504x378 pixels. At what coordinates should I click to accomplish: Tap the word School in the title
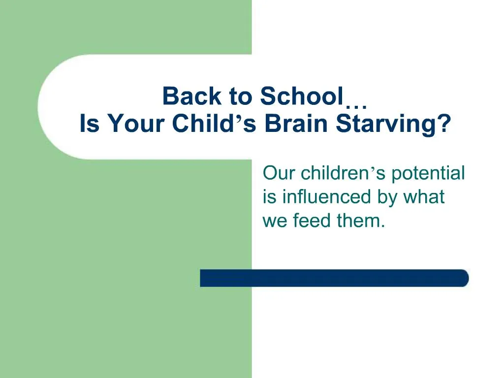click(x=301, y=96)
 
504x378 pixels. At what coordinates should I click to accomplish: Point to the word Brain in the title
click(x=295, y=124)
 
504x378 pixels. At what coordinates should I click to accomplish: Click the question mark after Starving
click(x=444, y=124)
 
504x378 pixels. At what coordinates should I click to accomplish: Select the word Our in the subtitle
click(x=279, y=173)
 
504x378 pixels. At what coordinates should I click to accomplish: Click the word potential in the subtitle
click(x=428, y=174)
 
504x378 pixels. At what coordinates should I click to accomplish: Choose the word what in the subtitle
click(x=424, y=197)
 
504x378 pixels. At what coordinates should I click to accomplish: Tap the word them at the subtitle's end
click(x=359, y=220)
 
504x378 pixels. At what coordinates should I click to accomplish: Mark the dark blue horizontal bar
click(x=334, y=278)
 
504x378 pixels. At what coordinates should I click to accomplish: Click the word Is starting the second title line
click(x=90, y=124)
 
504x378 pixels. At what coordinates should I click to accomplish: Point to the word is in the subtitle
click(x=269, y=197)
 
